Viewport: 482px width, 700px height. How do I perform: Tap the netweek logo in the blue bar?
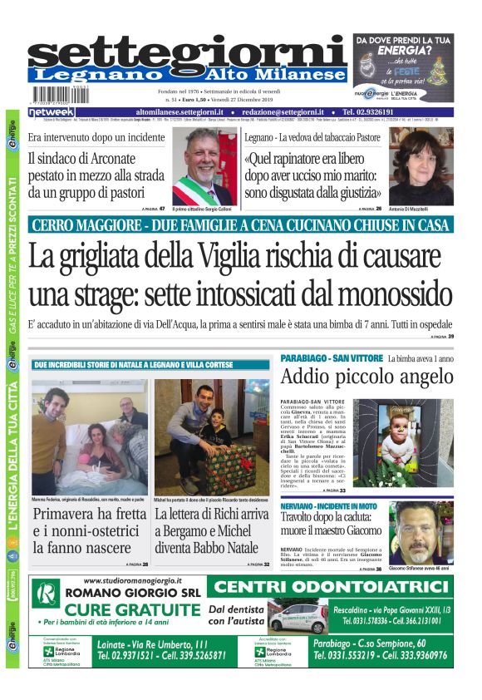(52, 111)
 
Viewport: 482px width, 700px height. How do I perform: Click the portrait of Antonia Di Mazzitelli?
(421, 166)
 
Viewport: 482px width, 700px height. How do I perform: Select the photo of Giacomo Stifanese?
(421, 532)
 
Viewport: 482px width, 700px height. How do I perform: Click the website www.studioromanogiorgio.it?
(124, 581)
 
